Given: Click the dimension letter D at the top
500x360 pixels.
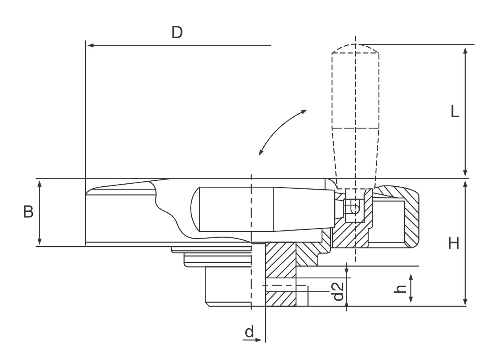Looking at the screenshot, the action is tap(177, 33).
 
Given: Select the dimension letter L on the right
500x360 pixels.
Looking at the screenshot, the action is tap(455, 112).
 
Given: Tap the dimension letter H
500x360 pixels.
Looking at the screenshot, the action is tap(454, 243).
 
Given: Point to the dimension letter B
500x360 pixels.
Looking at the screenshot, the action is tap(28, 212).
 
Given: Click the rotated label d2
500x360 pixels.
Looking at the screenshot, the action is tap(338, 291).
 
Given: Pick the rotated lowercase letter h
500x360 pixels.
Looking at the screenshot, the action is tap(400, 288).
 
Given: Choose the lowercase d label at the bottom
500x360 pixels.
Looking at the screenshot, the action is tap(249, 332).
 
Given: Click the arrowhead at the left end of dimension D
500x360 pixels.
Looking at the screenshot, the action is tap(90, 45).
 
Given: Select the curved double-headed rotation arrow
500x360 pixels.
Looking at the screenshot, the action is tap(281, 130).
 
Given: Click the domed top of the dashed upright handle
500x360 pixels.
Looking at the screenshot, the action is tap(355, 48).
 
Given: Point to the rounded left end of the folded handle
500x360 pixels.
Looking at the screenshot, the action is tap(195, 209).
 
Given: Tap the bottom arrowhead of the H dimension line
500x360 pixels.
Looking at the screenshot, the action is tap(465, 302).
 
